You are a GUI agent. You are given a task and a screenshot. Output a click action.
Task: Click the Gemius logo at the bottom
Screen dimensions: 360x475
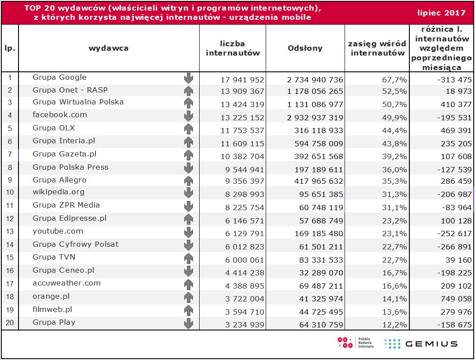point(420,344)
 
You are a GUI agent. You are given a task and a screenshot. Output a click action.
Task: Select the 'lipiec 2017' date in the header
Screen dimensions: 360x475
point(441,13)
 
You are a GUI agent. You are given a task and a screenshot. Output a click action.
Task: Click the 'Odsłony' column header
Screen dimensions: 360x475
point(305,48)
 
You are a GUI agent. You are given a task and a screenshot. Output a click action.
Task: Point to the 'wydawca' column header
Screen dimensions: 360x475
point(108,48)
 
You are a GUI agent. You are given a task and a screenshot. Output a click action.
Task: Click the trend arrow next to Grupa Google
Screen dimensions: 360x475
point(189,78)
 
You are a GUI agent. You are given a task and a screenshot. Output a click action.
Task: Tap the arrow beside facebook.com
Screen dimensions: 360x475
point(189,116)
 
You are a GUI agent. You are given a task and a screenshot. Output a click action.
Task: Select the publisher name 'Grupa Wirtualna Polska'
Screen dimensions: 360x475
point(78,102)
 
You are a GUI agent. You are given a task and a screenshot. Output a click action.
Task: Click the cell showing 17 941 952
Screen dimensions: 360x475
point(242,80)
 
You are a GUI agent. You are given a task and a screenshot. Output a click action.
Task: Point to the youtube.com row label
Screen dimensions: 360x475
point(58,231)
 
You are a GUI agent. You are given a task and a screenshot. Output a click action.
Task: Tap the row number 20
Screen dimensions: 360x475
point(9,323)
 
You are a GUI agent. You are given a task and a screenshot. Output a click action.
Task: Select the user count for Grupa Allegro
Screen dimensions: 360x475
point(242,181)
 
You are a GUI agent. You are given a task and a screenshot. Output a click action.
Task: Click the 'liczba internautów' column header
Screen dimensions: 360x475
point(233,48)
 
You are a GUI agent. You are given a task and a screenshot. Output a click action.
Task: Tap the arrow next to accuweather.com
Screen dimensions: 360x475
point(189,285)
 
